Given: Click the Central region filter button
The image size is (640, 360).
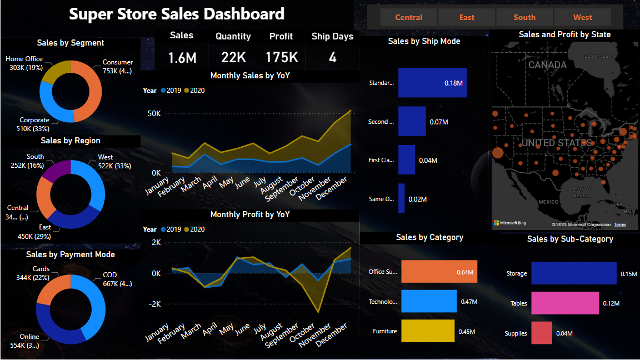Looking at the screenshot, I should click(409, 17).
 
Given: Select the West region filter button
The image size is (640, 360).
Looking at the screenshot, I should click(583, 17).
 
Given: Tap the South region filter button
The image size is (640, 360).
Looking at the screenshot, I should click(524, 17).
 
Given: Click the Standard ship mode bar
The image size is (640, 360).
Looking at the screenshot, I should click(432, 83).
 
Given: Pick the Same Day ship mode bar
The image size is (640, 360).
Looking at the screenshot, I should click(401, 198).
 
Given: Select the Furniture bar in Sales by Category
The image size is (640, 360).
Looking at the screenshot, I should click(427, 331).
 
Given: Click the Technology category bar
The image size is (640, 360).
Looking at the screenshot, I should click(428, 302).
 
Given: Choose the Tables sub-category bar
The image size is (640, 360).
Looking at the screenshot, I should click(565, 303).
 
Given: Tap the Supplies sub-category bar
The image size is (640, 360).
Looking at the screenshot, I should click(542, 333).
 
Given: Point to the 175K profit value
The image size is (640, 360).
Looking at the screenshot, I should click(282, 57).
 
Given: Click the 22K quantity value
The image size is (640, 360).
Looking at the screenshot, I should click(233, 57).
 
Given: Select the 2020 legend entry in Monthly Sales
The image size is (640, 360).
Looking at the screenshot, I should click(194, 91).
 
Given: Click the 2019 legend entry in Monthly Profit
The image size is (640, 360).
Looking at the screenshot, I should click(171, 229).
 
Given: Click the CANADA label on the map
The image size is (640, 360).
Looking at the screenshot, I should click(547, 65).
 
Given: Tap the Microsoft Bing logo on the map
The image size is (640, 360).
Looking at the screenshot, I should click(509, 223).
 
